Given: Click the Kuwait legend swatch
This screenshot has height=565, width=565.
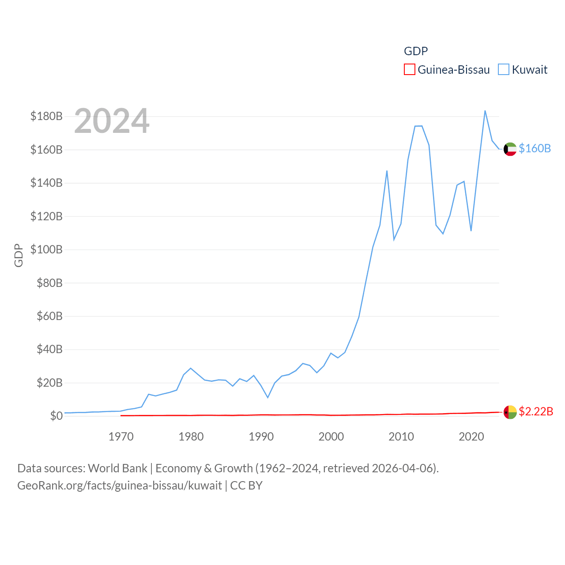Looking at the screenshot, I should coord(504,70).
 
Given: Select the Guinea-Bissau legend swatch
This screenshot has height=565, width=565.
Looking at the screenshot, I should coord(410,70).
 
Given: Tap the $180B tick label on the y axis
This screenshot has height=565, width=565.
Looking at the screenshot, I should coord(46,116).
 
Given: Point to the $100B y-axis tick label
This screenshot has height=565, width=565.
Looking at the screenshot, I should coord(46,249).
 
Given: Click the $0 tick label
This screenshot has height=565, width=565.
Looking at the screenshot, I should coord(56,416).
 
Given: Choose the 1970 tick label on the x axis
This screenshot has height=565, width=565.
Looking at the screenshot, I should coord(121,437).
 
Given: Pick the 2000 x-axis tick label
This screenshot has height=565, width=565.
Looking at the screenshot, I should coord(331,437).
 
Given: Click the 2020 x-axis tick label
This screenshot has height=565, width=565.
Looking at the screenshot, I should coord(471,437).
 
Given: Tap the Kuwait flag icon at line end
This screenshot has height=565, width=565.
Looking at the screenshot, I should coord(510,149).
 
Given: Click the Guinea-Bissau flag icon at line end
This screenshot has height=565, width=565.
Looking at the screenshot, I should coord(510,412).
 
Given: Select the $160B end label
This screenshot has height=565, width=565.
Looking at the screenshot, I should coord(535,148).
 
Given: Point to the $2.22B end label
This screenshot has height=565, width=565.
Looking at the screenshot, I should coord(535,411).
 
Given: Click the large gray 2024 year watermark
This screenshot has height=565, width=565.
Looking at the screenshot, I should coord(112,121).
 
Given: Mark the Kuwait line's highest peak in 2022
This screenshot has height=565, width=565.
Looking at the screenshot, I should coord(485,111).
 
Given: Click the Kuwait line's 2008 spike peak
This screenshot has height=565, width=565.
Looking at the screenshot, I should coord(387,171).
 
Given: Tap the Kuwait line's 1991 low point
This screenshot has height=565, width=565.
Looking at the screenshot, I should coord(267,397).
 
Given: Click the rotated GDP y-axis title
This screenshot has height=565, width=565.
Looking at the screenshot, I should coord(19,255).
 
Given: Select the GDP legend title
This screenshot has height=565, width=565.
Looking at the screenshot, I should coord(416,51).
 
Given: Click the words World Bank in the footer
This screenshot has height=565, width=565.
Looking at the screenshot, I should coord(117,468).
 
